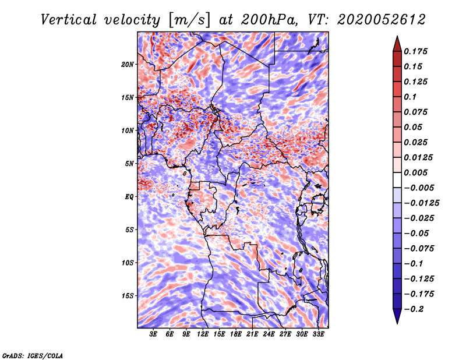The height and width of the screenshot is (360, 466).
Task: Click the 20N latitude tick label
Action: coord(128,64)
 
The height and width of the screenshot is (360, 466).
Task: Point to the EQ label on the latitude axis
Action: coord(129,197)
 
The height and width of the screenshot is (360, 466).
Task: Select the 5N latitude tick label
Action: coord(129,164)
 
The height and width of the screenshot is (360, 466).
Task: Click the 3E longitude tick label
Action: coord(153,334)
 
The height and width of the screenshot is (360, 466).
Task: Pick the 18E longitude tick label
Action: coord(236,334)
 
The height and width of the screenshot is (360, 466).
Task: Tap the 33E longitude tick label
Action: coord(318,334)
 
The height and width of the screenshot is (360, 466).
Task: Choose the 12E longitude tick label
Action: coord(203,334)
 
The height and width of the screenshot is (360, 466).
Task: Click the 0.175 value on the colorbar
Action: coord(415,51)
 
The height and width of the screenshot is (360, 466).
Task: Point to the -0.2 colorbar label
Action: coord(414,309)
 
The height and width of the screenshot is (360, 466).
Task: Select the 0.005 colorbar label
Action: coord(415,172)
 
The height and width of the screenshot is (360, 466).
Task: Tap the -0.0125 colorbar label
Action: coord(421,203)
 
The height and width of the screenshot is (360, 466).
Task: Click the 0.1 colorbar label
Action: coord(410,97)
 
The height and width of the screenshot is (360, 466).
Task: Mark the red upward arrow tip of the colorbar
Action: coord(397,36)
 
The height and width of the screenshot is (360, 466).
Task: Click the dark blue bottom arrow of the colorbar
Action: coord(397,316)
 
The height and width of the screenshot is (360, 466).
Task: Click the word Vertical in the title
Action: coord(69,20)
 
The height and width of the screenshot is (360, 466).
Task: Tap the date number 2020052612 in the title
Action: coord(382,20)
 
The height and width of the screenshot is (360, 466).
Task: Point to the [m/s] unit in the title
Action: coord(189,20)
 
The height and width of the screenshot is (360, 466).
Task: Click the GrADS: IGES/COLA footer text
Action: coord(33,355)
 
